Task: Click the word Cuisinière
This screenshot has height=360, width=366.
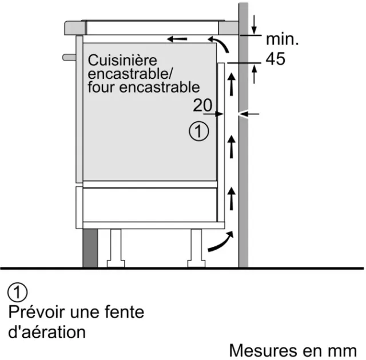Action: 122,60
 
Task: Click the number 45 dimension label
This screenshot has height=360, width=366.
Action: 276,59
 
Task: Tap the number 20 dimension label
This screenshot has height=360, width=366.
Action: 202,105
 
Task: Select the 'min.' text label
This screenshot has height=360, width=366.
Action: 282,39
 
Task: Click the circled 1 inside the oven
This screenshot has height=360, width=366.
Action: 199,131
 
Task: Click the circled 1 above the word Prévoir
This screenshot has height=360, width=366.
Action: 18,293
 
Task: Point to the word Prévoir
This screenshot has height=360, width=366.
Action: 37,312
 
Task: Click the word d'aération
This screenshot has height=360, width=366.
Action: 47,332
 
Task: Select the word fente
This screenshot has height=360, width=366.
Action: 124,312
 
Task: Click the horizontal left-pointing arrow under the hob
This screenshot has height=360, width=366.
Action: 177,39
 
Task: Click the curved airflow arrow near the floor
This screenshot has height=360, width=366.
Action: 221,242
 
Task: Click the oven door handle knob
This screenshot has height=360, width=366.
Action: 69,57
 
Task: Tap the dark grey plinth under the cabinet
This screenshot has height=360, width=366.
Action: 90,248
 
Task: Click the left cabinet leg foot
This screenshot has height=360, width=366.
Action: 116,263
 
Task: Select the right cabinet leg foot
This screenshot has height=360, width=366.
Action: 196,263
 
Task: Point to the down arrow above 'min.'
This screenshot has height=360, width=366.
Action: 254,25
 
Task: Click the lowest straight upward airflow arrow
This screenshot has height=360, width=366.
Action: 231,198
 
